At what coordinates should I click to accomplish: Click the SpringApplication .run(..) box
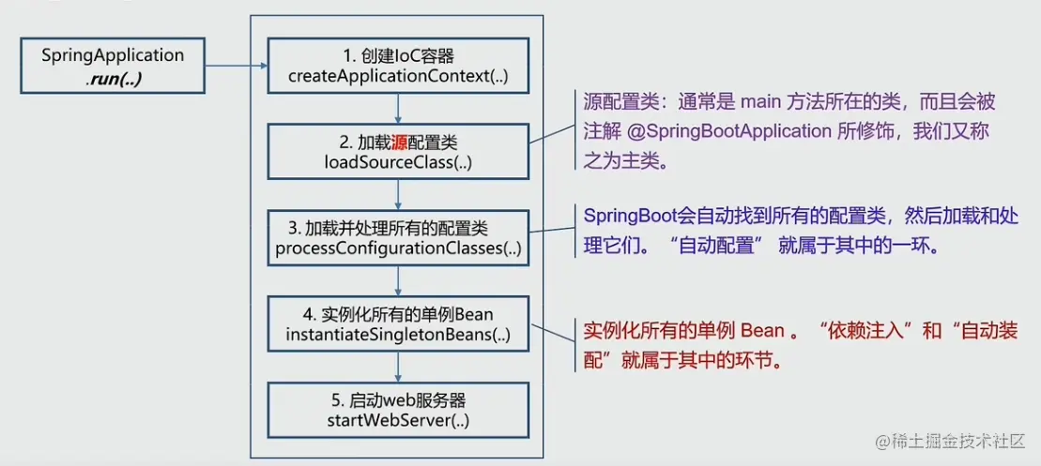pyautogui.click(x=113, y=66)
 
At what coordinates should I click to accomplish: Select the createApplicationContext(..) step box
pyautogui.click(x=399, y=65)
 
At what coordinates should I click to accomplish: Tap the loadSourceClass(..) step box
pyautogui.click(x=399, y=152)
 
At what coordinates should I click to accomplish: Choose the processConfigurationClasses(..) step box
pyautogui.click(x=399, y=238)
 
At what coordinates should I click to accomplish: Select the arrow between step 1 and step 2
pyautogui.click(x=399, y=108)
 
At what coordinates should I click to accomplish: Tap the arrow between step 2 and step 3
pyautogui.click(x=399, y=195)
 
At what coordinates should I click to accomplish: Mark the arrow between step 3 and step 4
pyautogui.click(x=399, y=280)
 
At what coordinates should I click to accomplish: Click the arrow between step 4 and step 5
pyautogui.click(x=399, y=367)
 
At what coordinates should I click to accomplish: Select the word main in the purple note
pyautogui.click(x=761, y=102)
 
